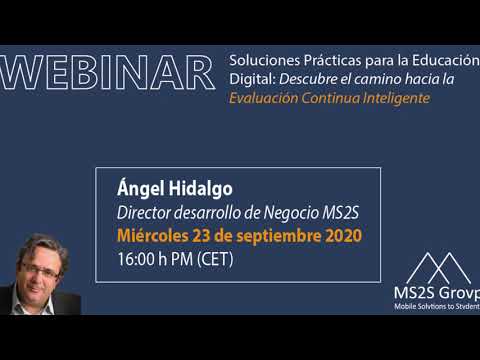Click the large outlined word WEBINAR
pos(107,73)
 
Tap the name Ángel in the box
pos(141,188)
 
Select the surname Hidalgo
pos(200,188)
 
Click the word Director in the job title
pos(144,212)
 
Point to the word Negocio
pos(291,213)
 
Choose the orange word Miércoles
pos(153,235)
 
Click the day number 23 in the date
pos(201,236)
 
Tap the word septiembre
pos(279,236)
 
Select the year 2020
pos(343,236)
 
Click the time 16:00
pos(136,259)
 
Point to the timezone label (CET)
pos(215,259)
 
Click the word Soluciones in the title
pos(264,60)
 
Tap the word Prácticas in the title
pos(332,60)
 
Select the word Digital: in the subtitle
pos(253,79)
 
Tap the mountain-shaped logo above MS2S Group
pos(439,268)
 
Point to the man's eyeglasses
pos(40,270)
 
